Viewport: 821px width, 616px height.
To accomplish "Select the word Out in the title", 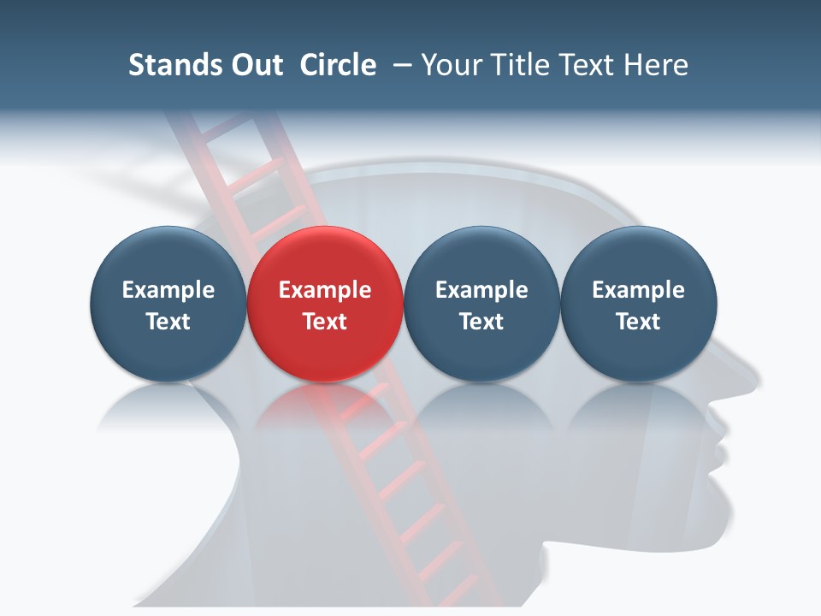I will tap(255, 65).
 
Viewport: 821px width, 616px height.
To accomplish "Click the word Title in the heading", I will tap(517, 65).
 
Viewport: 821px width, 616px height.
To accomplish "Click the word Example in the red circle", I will tap(325, 290).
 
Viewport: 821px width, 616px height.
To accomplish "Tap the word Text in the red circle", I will tap(325, 322).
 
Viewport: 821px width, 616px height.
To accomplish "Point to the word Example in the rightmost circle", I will tap(638, 290).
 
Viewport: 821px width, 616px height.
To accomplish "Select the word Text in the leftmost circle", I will tap(168, 322).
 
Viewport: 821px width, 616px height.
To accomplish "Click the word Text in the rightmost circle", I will tap(638, 322).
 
